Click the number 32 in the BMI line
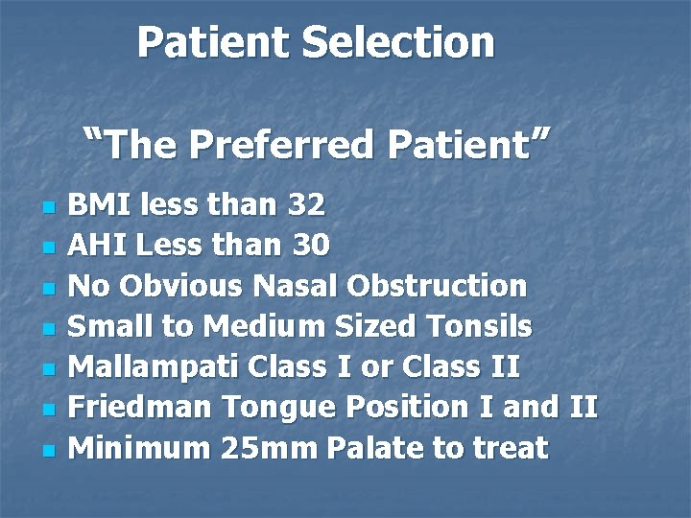(x=306, y=204)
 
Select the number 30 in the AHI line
(x=310, y=246)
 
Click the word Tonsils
(x=482, y=326)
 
